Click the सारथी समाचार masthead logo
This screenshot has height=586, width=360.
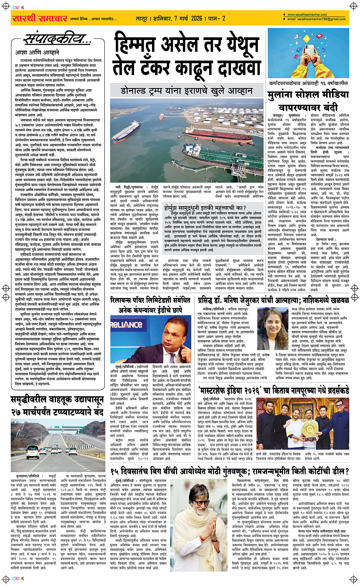click(x=40, y=18)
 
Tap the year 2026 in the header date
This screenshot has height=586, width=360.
click(x=197, y=18)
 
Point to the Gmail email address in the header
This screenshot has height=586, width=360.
click(x=316, y=19)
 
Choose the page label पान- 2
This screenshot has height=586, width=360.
click(x=218, y=18)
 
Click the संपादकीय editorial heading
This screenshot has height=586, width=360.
click(x=57, y=39)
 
